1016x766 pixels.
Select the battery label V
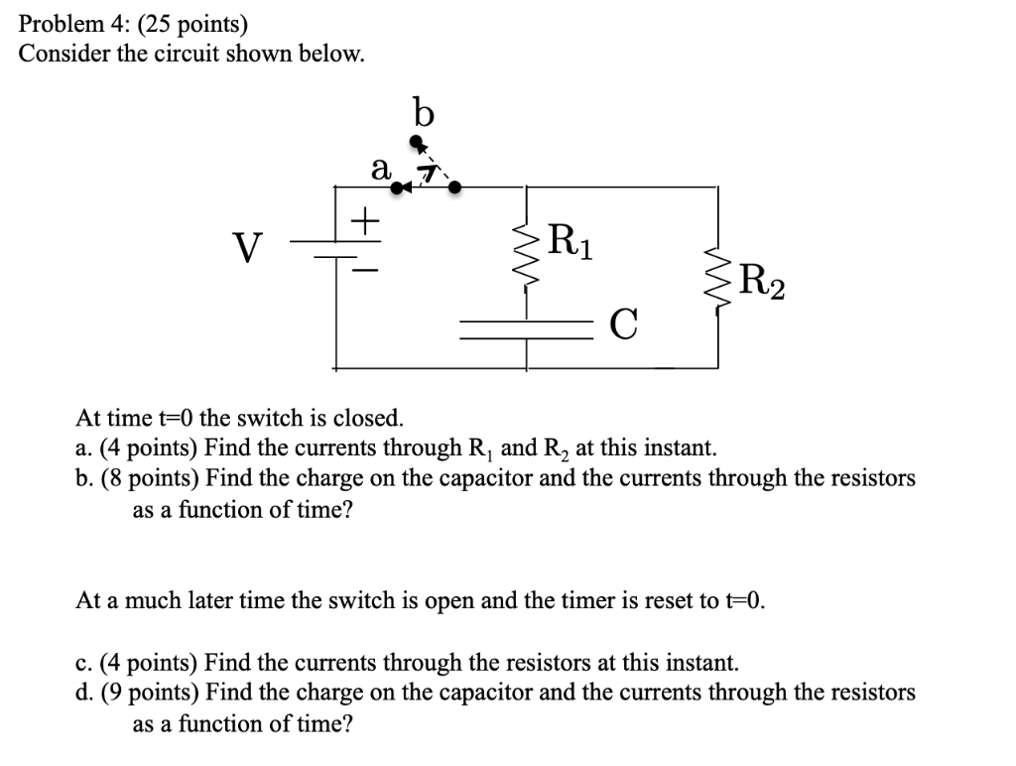[249, 244]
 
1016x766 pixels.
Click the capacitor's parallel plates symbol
[525, 328]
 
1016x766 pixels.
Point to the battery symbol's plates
[336, 248]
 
